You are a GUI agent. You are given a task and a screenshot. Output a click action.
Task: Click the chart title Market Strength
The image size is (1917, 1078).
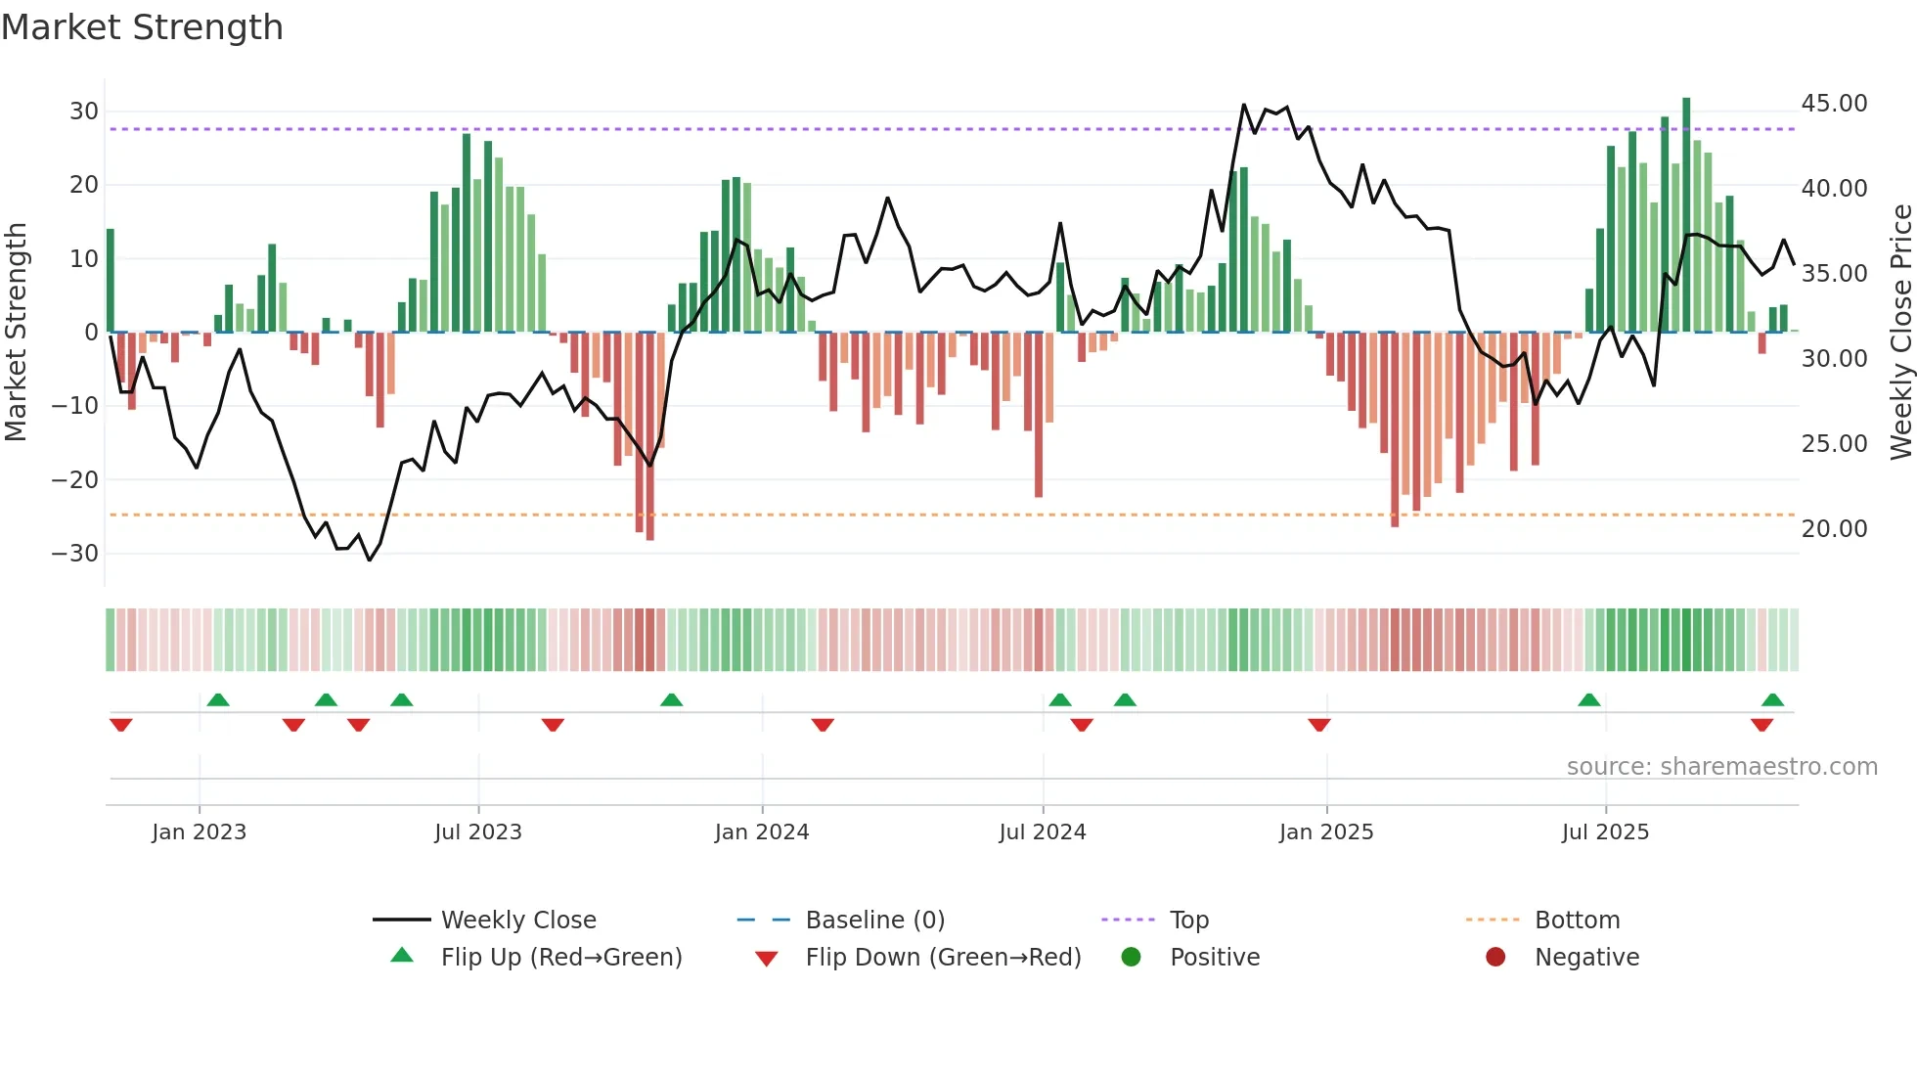142,27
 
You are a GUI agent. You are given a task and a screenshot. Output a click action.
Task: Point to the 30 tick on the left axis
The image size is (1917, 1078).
84,112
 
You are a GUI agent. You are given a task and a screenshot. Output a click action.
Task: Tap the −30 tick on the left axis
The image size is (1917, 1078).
75,554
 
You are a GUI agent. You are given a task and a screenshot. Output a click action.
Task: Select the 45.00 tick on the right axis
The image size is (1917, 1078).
1834,104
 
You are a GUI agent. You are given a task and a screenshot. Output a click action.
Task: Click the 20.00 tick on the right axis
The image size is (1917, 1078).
1834,529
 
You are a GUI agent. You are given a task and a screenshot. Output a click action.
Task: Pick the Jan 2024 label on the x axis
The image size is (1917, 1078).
762,832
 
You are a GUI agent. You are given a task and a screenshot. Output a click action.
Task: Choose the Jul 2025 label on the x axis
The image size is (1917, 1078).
1605,832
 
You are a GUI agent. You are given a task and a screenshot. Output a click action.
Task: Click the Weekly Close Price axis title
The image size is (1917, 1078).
1900,333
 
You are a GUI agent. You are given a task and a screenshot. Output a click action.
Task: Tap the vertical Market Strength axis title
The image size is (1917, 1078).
16,333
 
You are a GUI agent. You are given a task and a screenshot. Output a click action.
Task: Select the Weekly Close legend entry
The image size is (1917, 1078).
518,921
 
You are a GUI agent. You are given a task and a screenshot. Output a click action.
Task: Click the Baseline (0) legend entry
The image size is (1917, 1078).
874,921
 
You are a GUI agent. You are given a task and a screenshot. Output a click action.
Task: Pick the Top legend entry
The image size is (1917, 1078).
1189,921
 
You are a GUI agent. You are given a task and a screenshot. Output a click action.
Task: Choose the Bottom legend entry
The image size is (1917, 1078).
1577,921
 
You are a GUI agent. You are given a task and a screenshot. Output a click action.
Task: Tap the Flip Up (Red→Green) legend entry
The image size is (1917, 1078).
560,958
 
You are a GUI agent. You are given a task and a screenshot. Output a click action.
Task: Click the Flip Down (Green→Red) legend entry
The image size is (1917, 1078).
943,958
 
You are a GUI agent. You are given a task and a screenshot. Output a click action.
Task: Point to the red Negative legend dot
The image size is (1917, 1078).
1495,957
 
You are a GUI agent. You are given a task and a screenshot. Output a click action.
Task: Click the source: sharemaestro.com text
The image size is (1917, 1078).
1721,767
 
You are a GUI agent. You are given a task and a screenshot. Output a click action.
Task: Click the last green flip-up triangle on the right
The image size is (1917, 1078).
1772,699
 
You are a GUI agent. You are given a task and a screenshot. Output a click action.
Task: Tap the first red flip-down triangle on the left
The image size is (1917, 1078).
121,725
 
